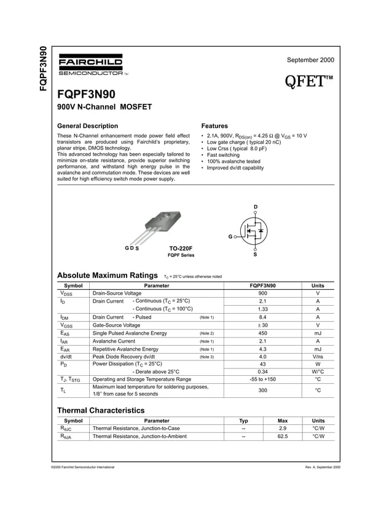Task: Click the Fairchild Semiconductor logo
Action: coord(90,65)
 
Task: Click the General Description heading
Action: coord(87,126)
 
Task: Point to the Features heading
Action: coord(214,126)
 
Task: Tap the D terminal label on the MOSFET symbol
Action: coord(256,205)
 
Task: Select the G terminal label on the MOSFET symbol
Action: coord(230,236)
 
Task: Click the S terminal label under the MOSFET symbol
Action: coord(256,254)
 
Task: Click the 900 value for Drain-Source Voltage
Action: coord(262,293)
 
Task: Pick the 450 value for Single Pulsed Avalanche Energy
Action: coord(262,333)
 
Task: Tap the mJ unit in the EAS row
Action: coord(318,333)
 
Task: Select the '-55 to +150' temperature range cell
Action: coord(262,379)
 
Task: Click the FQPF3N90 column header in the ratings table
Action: coord(262,285)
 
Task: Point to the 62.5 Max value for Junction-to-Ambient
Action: coord(283,436)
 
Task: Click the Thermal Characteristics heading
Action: coord(101,410)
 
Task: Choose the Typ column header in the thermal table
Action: coord(244,421)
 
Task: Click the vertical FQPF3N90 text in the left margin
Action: coord(42,69)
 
